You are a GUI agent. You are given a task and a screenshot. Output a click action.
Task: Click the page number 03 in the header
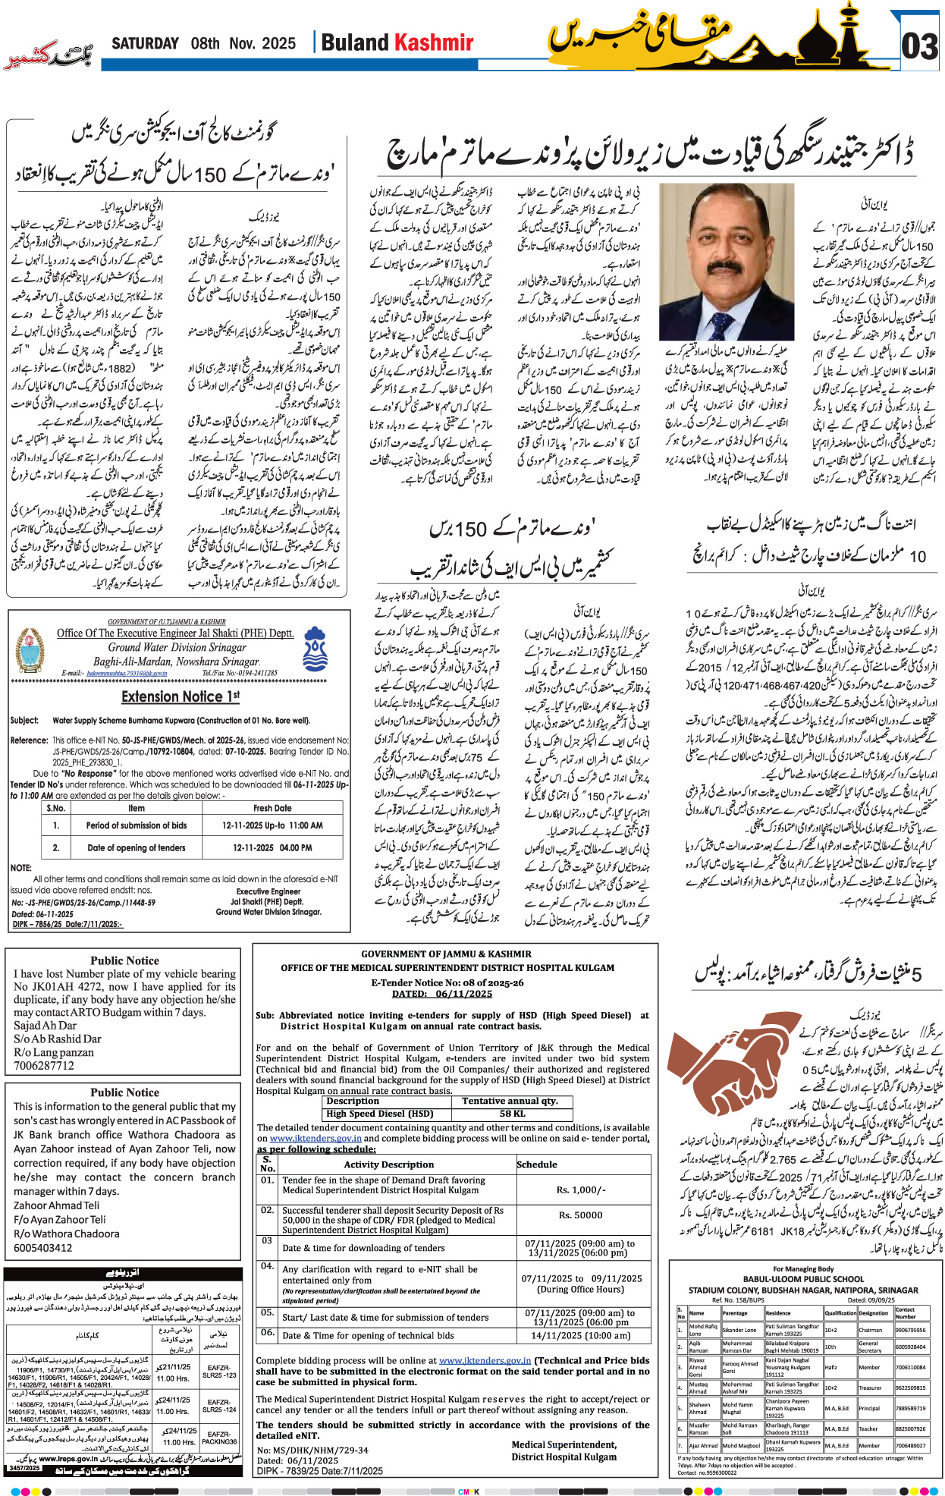[x=919, y=46]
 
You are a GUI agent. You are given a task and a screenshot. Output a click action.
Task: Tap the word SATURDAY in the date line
[x=145, y=43]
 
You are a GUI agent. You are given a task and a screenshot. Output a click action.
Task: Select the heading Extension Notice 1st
[x=181, y=696]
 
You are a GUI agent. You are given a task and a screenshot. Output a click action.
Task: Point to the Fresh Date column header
[x=272, y=808]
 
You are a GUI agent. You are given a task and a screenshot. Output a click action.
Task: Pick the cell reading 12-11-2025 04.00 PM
[x=272, y=847]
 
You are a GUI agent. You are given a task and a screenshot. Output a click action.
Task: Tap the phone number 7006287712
[x=44, y=1065]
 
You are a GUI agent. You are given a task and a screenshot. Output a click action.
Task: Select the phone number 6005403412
[x=43, y=1248]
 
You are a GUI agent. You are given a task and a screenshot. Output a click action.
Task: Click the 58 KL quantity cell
[x=512, y=1114]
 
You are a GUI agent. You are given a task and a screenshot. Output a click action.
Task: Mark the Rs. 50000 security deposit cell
[x=581, y=1215]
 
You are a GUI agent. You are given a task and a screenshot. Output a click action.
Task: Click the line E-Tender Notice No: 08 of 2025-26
[x=447, y=982]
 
